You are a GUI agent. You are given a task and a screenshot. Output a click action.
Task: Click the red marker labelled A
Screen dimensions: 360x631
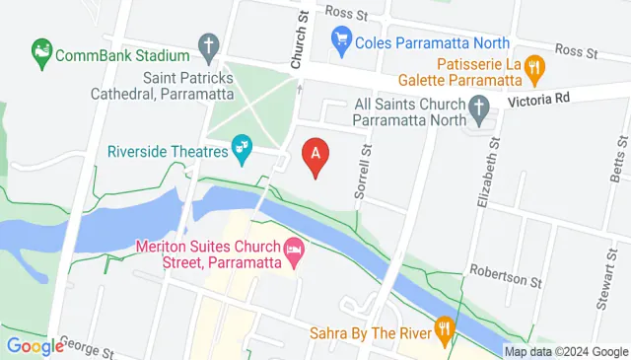(315, 156)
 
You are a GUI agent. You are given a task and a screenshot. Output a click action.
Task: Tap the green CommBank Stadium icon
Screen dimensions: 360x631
(41, 48)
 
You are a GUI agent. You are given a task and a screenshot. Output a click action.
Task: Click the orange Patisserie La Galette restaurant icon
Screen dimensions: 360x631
(535, 68)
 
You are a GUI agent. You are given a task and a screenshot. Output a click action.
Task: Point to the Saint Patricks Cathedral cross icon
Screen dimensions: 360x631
(207, 44)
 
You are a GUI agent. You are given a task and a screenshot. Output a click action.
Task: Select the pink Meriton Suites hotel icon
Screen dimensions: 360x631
(293, 252)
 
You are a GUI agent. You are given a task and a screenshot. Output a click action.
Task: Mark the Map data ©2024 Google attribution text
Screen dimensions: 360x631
(566, 351)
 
